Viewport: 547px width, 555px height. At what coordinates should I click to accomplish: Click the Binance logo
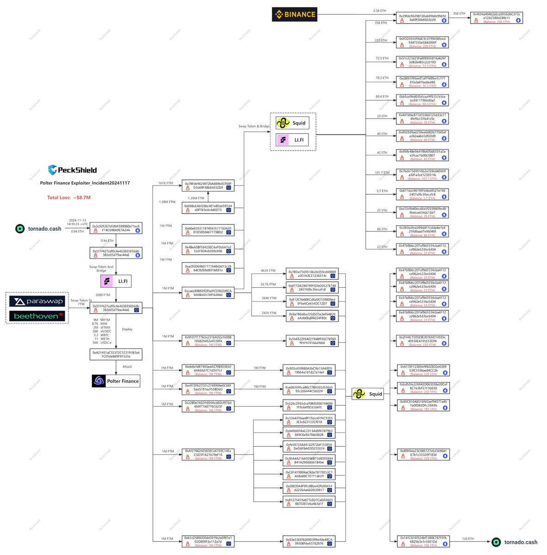[x=295, y=14]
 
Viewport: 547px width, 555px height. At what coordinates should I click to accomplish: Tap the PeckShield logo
[x=72, y=170]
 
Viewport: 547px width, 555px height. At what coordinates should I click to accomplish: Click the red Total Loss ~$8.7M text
[x=69, y=197]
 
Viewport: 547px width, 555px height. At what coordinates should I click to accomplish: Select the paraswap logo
[x=37, y=302]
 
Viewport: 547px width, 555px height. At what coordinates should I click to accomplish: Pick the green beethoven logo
[x=37, y=316]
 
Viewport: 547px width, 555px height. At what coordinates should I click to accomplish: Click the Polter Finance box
[x=116, y=381]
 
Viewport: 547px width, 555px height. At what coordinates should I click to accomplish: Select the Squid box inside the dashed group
[x=292, y=123]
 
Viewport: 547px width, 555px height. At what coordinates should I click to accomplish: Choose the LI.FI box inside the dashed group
[x=292, y=140]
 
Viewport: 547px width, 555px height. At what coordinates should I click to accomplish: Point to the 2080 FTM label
[x=103, y=295]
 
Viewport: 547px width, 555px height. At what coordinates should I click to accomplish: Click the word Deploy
[x=127, y=329]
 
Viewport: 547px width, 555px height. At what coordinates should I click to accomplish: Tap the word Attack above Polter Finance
[x=127, y=367]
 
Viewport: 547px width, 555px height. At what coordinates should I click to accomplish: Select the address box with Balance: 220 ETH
[x=422, y=43]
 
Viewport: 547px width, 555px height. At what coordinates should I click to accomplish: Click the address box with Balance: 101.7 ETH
[x=422, y=174]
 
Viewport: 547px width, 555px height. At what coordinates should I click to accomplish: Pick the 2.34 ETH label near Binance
[x=380, y=11]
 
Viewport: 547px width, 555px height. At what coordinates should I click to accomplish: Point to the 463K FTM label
[x=268, y=271]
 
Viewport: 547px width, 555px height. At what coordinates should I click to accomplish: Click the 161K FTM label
[x=166, y=183]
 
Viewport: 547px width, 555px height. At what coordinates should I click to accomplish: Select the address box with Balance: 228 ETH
[x=422, y=455]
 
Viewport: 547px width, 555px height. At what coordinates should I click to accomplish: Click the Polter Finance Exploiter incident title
[x=85, y=183]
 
